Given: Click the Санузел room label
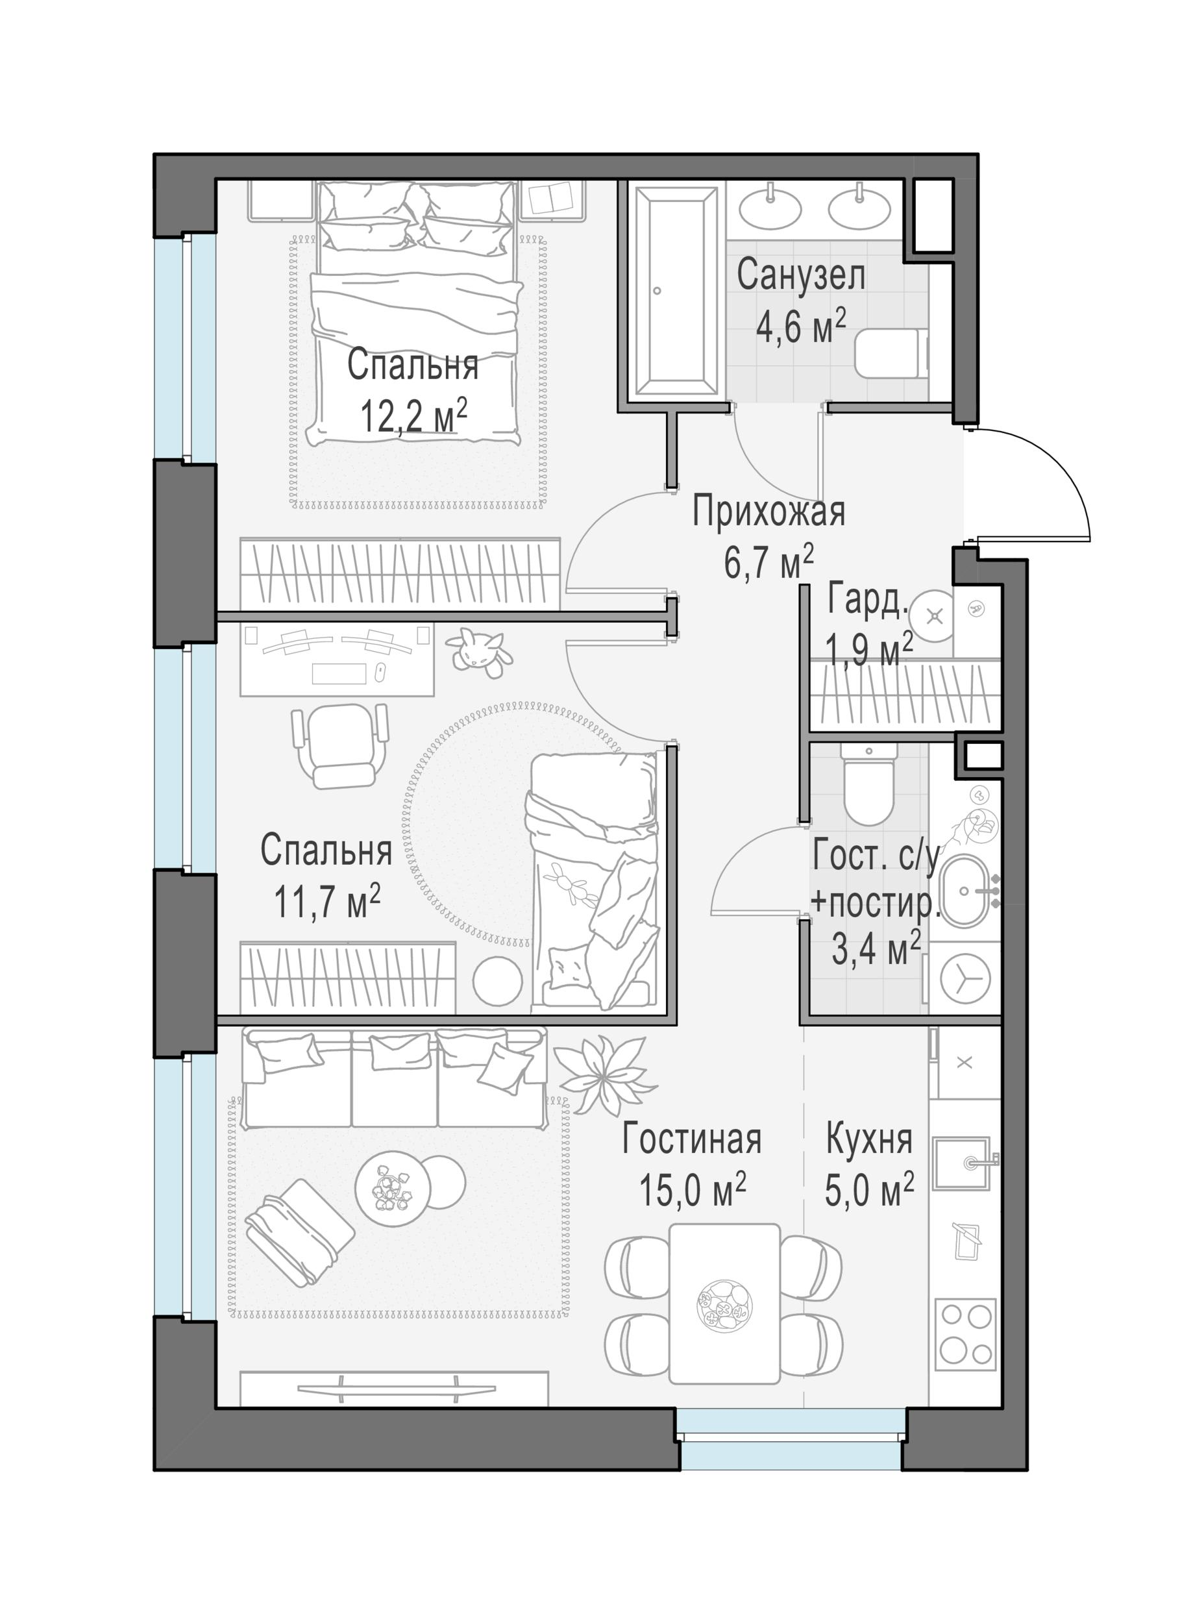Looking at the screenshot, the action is pos(801,275).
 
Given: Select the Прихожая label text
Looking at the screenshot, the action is pos(768,512).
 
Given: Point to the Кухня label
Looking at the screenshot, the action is pos(870,1139).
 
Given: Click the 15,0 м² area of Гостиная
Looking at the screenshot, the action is pos(692,1191).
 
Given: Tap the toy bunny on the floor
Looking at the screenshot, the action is pos(477,652).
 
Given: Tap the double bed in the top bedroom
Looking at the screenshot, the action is pos(415,313).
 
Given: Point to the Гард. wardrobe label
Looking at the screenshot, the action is pos(867,599).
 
